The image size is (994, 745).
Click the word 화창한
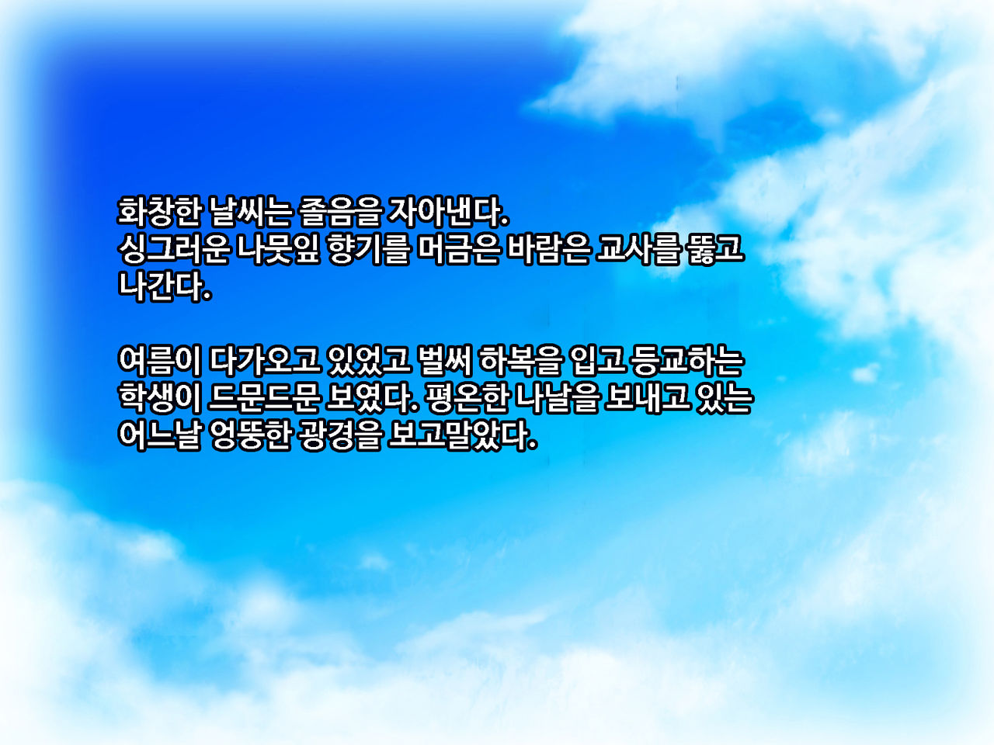(159, 212)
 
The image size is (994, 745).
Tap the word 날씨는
(250, 212)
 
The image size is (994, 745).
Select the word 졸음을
(341, 212)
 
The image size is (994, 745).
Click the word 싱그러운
(173, 249)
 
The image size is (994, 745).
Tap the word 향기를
(368, 249)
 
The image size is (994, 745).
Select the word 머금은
(458, 249)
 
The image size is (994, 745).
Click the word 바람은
(548, 249)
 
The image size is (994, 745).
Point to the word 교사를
(638, 249)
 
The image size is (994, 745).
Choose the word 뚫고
(715, 249)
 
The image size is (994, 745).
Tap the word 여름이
(159, 362)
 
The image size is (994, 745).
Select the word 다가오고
(265, 362)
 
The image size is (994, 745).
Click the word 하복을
(520, 362)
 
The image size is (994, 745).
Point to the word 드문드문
(265, 399)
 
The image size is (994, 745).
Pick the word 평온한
(467, 399)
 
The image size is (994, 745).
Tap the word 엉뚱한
(250, 436)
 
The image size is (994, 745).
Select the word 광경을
(341, 436)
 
